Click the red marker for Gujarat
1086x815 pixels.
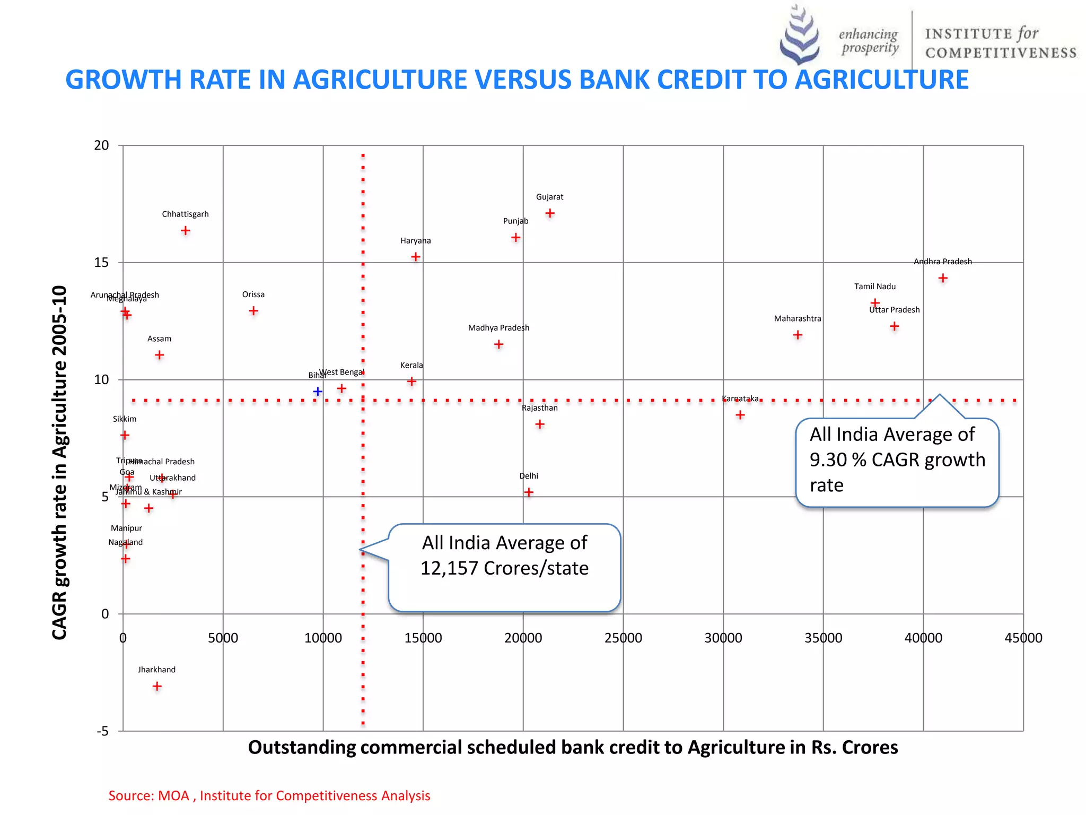point(550,213)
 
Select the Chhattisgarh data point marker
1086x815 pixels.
point(185,231)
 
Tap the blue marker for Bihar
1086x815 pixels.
point(318,392)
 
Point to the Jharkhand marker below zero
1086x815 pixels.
point(157,687)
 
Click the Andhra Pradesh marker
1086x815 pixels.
point(943,278)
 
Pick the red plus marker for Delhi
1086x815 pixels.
point(529,492)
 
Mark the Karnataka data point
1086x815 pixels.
point(740,415)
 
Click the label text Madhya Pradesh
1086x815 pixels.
point(498,328)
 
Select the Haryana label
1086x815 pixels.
point(415,241)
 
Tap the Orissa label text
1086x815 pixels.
point(253,294)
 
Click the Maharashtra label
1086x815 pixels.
point(797,318)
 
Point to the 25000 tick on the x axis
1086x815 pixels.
point(623,638)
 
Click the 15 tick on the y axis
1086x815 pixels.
point(101,263)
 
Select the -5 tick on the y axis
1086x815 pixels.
point(103,731)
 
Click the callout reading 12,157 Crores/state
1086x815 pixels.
point(504,567)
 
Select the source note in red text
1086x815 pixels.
point(269,796)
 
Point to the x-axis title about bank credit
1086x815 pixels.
point(573,748)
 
